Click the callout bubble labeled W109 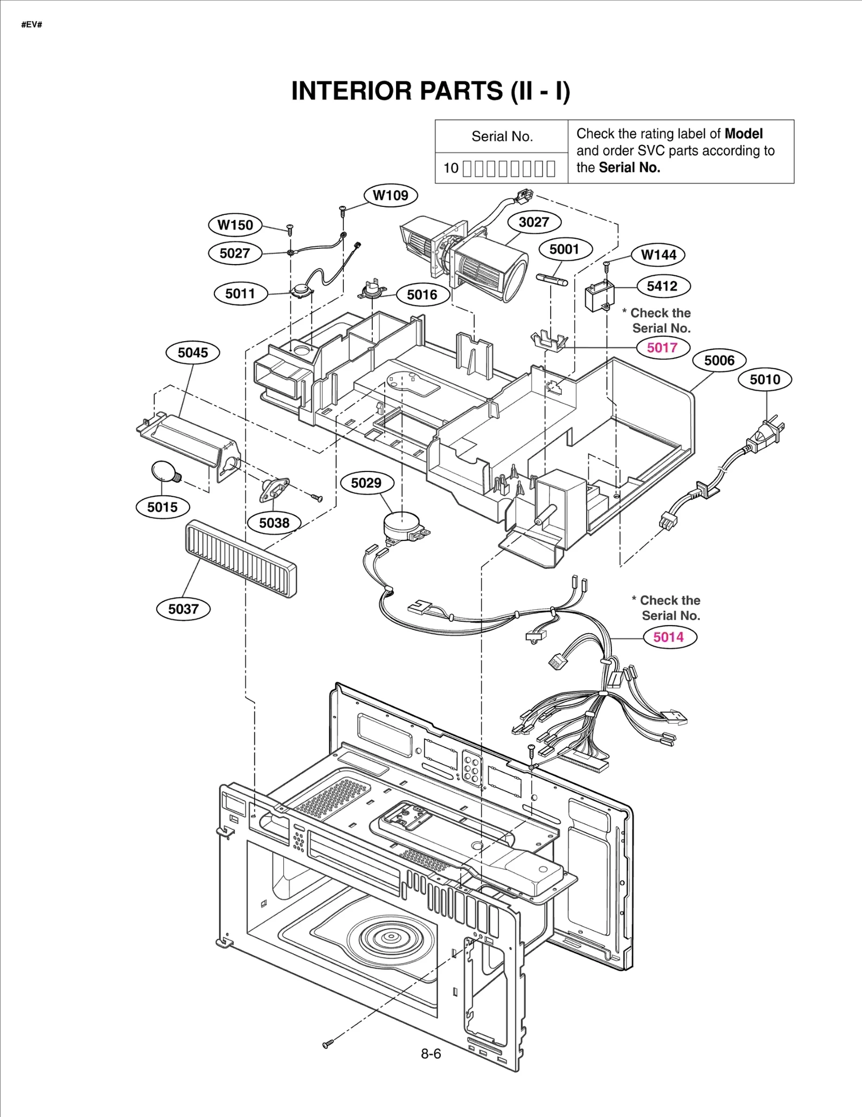(391, 195)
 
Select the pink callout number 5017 (662, 348)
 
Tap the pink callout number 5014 (669, 637)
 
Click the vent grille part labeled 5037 (240, 558)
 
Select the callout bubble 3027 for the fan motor (533, 222)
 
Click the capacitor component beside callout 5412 (599, 295)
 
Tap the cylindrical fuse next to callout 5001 (552, 280)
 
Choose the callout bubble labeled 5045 (192, 352)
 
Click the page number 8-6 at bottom (430, 1053)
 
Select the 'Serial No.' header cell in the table (502, 136)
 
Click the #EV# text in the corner (31, 25)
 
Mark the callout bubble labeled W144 (658, 254)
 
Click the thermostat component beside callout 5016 (372, 291)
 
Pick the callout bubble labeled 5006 (719, 360)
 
